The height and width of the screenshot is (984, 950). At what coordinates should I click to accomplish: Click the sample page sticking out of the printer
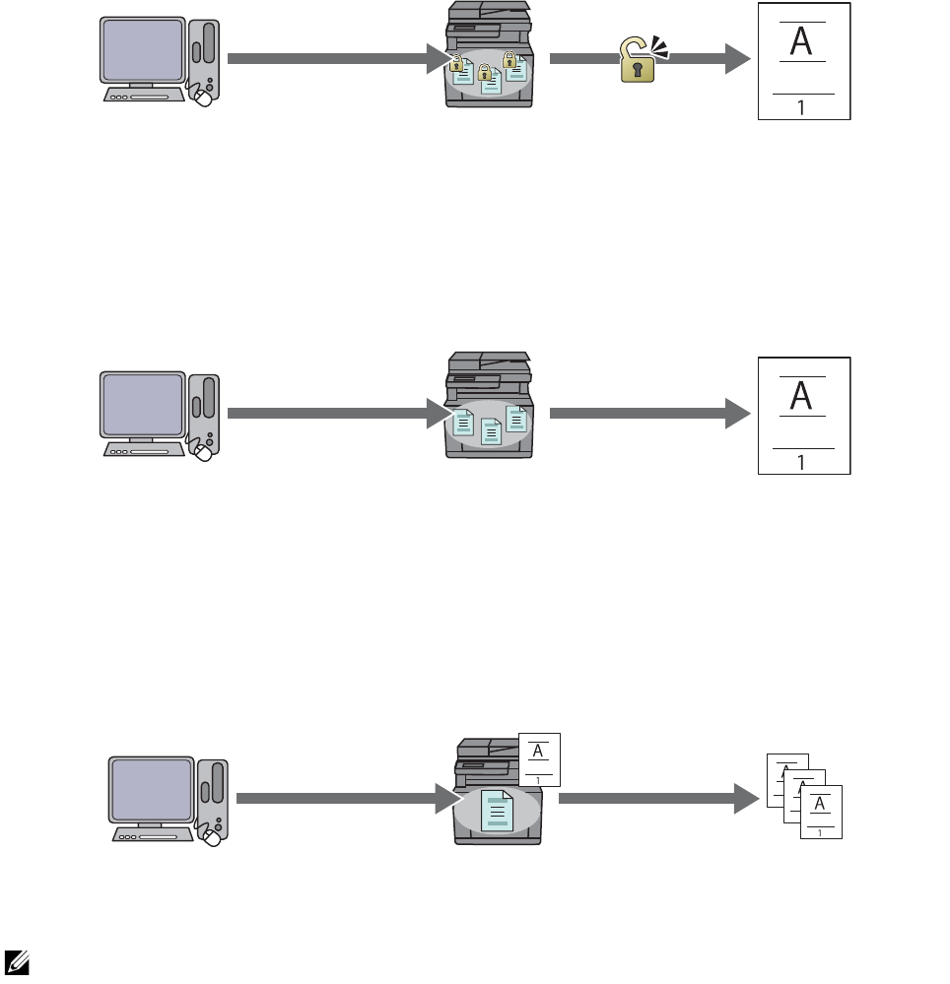coord(538,759)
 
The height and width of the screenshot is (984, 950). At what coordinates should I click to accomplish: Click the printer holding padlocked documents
coord(488,56)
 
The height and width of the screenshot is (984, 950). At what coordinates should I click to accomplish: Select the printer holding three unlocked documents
coord(488,411)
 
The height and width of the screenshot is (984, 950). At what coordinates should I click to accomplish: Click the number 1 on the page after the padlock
coord(802,106)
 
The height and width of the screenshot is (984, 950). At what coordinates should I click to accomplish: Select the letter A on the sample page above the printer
coord(538,752)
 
